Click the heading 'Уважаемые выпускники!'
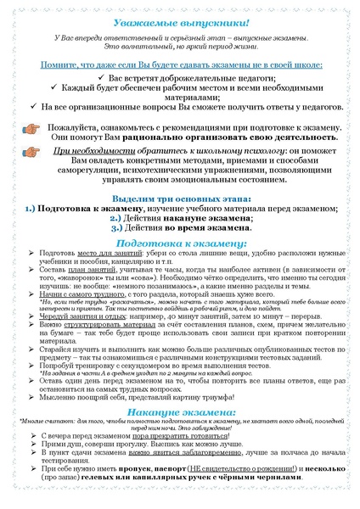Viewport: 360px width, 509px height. click(x=179, y=20)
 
